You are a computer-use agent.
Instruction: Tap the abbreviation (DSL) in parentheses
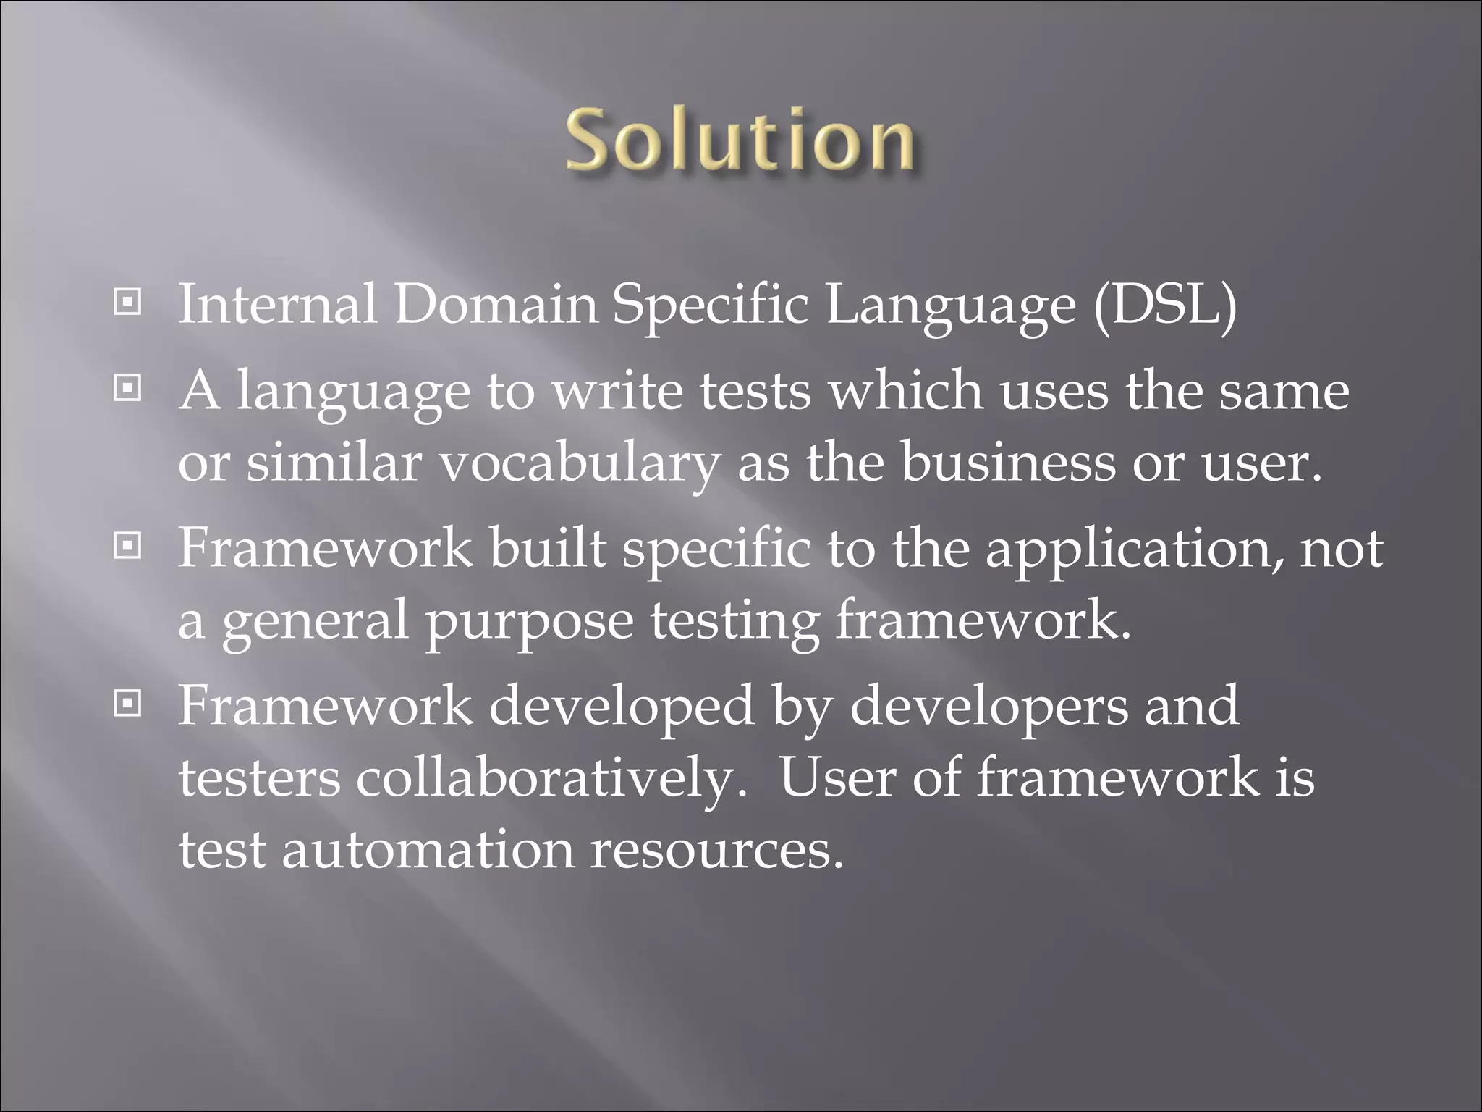tap(1165, 304)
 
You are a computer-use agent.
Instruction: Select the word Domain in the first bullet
tap(496, 304)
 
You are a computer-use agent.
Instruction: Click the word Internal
tap(277, 304)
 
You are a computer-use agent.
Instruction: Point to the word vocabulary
tap(580, 464)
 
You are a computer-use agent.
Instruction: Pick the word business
tap(1008, 463)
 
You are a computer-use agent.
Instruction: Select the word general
tap(315, 622)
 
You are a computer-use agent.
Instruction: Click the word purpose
tap(529, 623)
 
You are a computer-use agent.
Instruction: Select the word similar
tap(334, 463)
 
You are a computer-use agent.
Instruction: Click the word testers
tap(259, 778)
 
